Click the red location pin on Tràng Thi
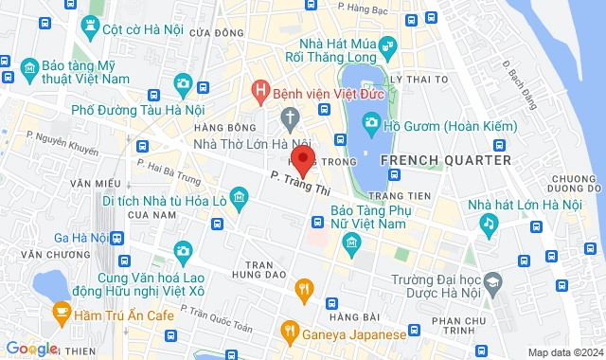point(302,158)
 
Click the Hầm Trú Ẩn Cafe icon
point(61,311)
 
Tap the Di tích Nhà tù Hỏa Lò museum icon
point(241,198)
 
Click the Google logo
point(30,348)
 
